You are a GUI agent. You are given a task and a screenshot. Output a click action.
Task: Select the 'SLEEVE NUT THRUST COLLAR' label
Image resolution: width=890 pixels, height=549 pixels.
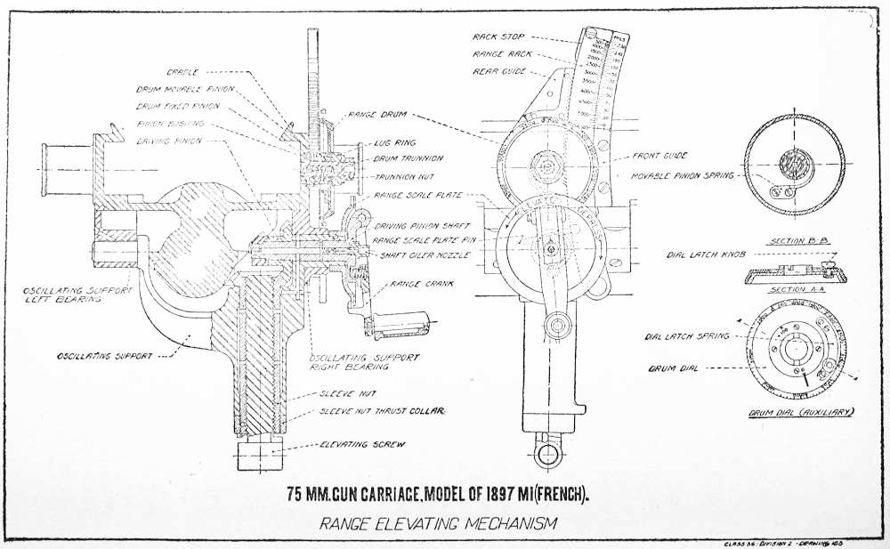point(382,411)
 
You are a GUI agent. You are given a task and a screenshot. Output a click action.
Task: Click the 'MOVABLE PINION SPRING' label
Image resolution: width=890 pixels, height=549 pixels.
point(682,176)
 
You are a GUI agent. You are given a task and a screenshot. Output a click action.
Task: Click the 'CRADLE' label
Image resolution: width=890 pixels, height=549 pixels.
point(182,71)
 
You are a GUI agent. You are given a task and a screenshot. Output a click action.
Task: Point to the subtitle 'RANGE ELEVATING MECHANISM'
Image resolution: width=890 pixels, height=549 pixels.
point(439,524)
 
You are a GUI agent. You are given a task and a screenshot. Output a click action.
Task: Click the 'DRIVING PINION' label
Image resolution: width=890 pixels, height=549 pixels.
point(168,141)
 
